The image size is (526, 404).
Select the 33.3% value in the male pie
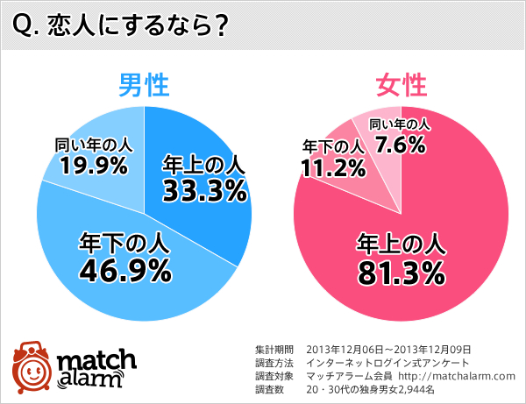[203, 189]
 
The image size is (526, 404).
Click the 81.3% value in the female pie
[400, 273]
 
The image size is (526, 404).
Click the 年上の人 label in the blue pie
[203, 163]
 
